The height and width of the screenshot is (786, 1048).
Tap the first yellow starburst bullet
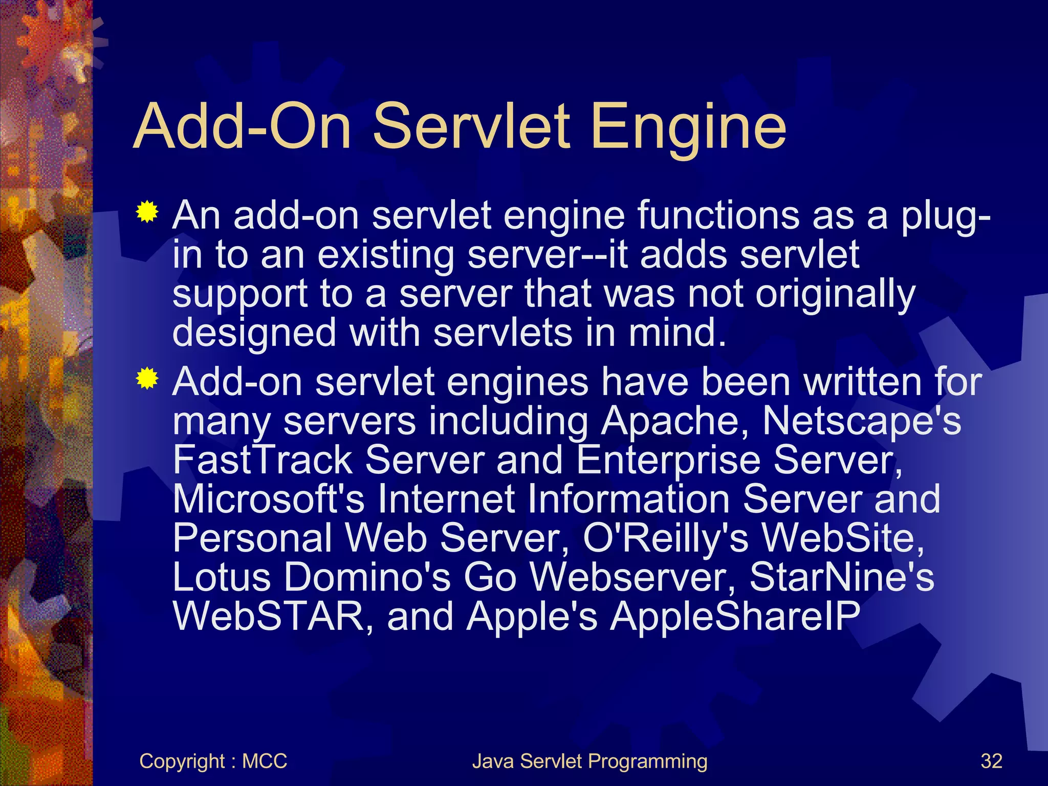[147, 212]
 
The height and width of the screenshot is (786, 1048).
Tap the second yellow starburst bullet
[147, 378]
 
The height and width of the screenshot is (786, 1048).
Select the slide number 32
[991, 761]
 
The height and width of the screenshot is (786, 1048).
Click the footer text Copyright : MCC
[213, 761]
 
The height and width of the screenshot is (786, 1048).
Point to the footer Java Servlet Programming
[589, 761]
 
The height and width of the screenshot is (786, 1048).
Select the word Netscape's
[862, 421]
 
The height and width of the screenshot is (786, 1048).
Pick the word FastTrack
[263, 460]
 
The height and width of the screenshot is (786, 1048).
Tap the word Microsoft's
[269, 498]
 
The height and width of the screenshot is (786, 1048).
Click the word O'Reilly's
[666, 538]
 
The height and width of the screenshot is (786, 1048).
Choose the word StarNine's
[842, 577]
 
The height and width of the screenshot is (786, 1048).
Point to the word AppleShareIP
[736, 616]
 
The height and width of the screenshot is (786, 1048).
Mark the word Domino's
[367, 577]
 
